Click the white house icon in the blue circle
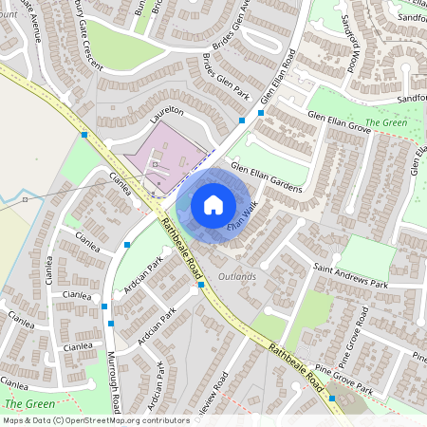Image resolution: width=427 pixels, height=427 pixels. [x=213, y=204]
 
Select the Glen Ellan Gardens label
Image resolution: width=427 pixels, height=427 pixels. [x=266, y=179]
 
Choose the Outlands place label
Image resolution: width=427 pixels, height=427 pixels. [x=237, y=276]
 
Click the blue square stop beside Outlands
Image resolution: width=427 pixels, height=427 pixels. [x=201, y=284]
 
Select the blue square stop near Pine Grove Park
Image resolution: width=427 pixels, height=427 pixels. [x=332, y=399]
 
